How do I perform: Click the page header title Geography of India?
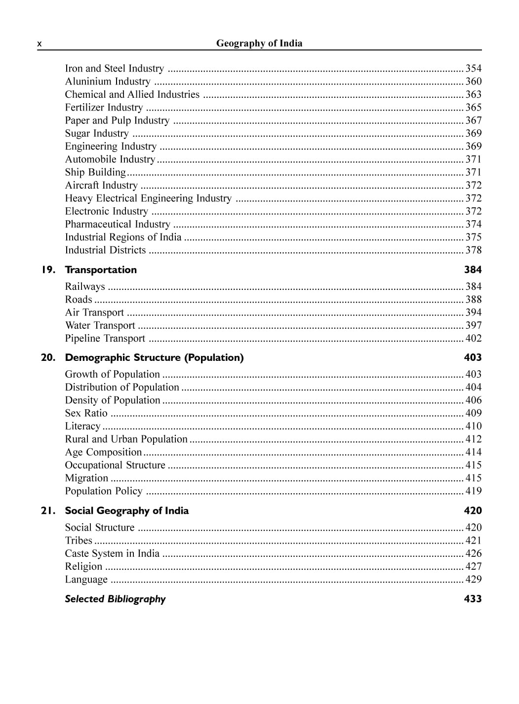(259, 43)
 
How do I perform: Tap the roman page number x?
(40, 44)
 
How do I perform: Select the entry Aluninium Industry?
(108, 81)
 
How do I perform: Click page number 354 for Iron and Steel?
(473, 69)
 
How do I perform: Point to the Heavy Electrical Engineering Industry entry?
(148, 198)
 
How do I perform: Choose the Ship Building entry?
(95, 172)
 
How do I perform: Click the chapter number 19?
(48, 270)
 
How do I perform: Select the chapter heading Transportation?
(101, 270)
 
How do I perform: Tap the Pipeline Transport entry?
(105, 339)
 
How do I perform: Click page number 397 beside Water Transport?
(473, 325)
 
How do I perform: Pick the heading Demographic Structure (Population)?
(154, 358)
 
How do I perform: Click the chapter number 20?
(48, 358)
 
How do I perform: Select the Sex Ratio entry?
(86, 413)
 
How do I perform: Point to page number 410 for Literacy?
(473, 426)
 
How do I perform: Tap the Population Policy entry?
(104, 491)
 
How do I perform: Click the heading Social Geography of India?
(127, 511)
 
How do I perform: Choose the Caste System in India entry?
(112, 553)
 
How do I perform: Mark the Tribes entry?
(79, 541)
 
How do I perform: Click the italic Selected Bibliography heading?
(115, 599)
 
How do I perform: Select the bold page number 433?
(473, 599)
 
